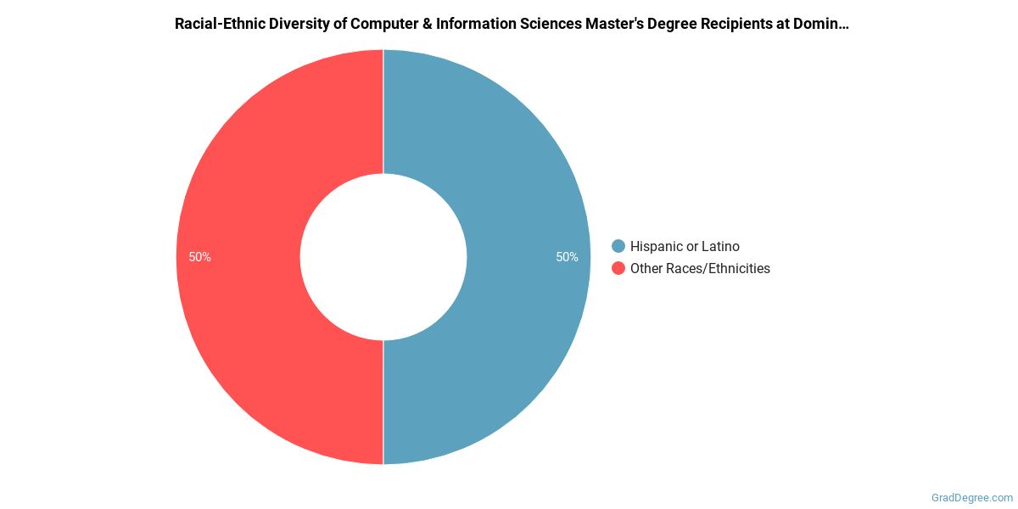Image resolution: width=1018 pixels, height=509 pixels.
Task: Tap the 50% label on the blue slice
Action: [x=567, y=257]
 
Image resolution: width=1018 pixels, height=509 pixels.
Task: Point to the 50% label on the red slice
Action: [x=200, y=257]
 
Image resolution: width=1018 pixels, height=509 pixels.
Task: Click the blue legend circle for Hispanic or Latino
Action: [x=618, y=246]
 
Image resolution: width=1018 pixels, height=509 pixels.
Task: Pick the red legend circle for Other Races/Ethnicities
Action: [x=618, y=268]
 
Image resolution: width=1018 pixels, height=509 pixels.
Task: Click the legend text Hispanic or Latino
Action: [x=685, y=246]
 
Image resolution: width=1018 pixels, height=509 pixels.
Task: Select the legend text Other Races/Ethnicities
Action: [x=700, y=268]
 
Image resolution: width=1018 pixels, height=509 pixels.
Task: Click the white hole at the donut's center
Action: [x=383, y=257]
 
